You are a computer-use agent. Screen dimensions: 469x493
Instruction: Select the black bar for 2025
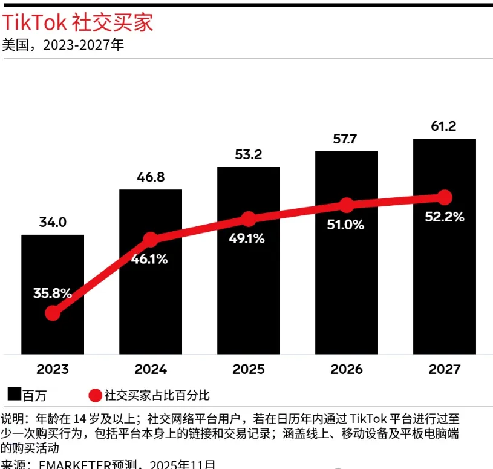(x=249, y=290)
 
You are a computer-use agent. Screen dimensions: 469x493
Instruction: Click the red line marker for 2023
(x=53, y=313)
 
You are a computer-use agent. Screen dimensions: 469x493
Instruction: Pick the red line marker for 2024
(x=151, y=240)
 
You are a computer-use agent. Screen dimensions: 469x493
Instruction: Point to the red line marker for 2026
(x=346, y=205)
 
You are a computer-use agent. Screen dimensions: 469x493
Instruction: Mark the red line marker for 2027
(x=445, y=197)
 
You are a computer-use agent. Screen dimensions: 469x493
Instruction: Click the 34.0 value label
(x=53, y=222)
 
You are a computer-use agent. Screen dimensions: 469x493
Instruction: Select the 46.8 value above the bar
(x=151, y=177)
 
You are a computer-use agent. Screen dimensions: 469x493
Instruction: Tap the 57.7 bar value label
(x=346, y=139)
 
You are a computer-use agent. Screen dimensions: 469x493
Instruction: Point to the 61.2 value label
(x=445, y=126)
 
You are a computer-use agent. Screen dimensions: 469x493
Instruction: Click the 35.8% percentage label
(x=53, y=294)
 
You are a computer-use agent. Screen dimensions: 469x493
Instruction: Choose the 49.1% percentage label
(x=247, y=238)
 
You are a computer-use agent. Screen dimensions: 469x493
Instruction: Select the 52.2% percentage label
(x=445, y=217)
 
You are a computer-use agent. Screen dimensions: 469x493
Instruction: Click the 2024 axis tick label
(x=151, y=369)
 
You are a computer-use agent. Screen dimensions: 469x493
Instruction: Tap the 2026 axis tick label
(x=347, y=369)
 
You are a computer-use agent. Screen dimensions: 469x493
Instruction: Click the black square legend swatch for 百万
(x=15, y=395)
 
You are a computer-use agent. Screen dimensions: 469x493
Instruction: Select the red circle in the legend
(x=95, y=396)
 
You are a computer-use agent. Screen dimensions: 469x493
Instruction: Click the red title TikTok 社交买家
(x=78, y=22)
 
